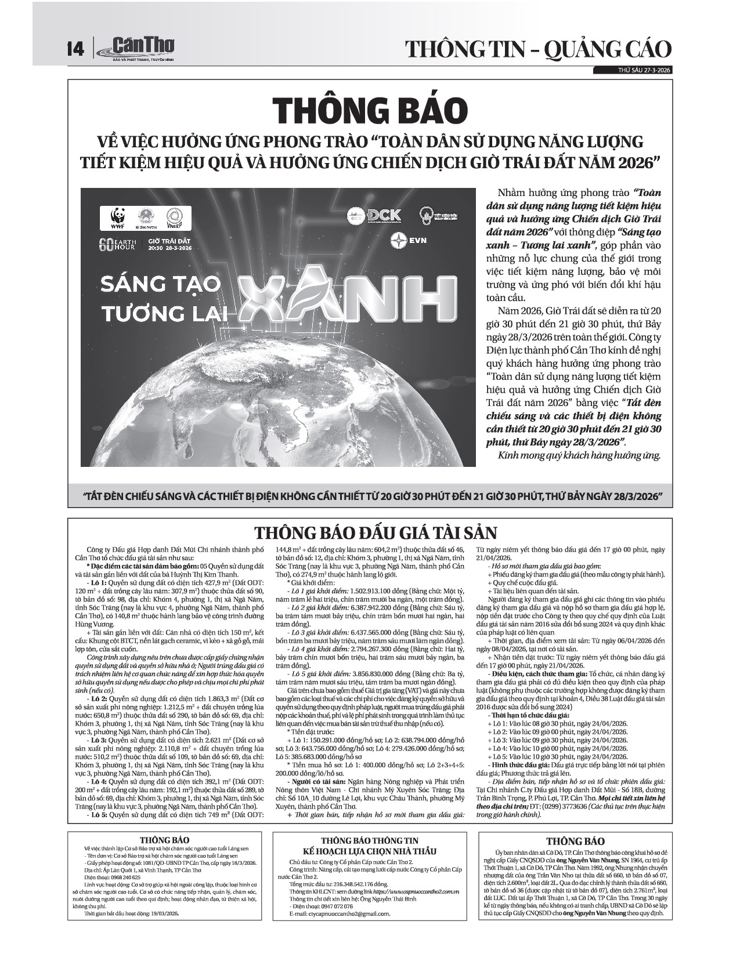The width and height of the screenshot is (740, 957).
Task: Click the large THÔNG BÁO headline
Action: [x=370, y=110]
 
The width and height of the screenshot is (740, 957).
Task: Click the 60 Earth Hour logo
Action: [x=116, y=244]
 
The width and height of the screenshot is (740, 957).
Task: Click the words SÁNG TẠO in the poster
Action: [x=161, y=284]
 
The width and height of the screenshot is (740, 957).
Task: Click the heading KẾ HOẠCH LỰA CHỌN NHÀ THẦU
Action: [x=370, y=851]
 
